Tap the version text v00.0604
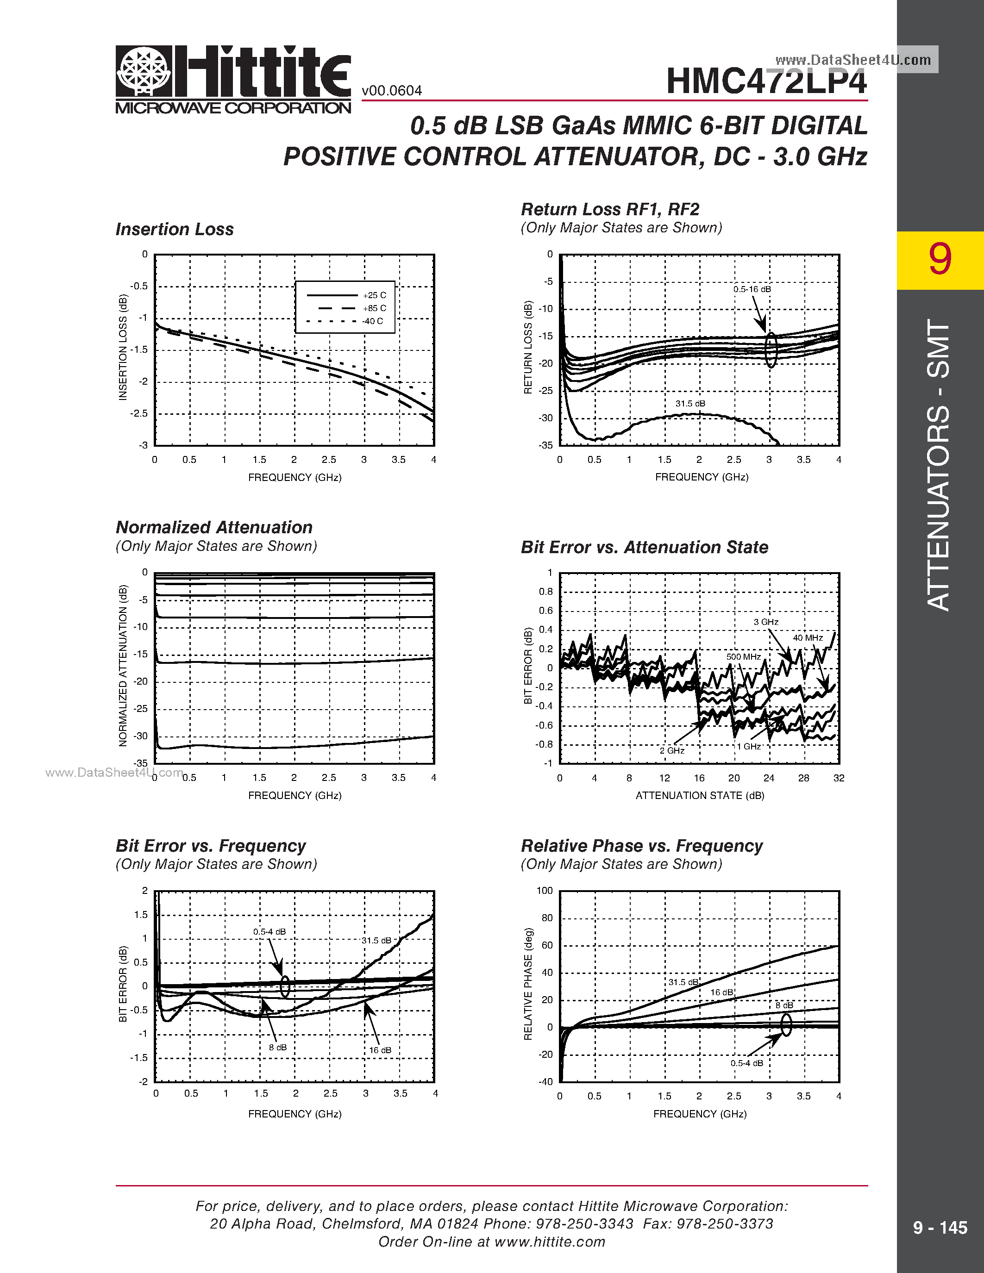click(x=392, y=91)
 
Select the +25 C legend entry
click(x=374, y=295)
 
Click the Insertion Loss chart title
click(x=174, y=229)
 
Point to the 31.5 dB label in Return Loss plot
click(x=690, y=403)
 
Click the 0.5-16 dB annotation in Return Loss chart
click(x=752, y=289)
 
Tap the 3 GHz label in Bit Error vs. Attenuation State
click(x=766, y=622)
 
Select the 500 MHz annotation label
click(x=743, y=657)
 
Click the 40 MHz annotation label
click(x=808, y=638)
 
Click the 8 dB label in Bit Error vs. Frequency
click(x=277, y=1048)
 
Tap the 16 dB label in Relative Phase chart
click(x=722, y=992)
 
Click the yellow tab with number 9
click(x=940, y=260)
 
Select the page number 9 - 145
click(x=940, y=1228)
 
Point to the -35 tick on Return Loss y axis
click(x=545, y=445)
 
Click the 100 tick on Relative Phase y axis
click(x=545, y=891)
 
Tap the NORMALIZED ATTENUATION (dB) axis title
click(x=123, y=665)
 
